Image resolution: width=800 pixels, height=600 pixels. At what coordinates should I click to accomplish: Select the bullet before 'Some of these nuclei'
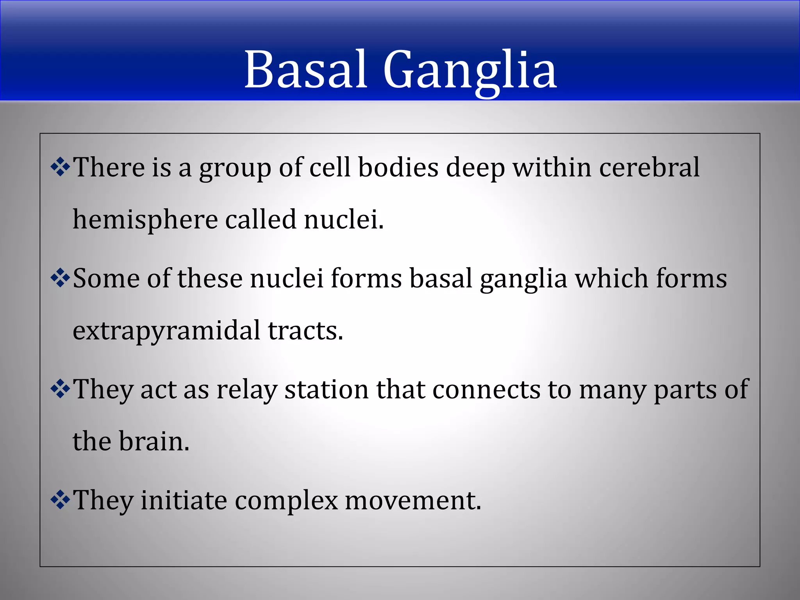coord(60,279)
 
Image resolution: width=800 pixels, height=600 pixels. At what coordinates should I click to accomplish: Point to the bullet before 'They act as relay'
coord(60,389)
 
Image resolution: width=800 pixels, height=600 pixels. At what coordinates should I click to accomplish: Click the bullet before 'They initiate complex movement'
coord(60,500)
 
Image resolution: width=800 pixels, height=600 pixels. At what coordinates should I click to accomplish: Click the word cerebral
coord(649,167)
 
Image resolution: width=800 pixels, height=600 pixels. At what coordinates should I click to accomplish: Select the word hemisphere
coord(145,220)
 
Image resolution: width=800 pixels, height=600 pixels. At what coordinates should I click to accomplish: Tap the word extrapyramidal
coord(166,331)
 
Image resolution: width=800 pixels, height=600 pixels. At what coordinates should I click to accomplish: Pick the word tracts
coord(305,330)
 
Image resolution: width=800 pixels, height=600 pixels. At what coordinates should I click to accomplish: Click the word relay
coord(247,390)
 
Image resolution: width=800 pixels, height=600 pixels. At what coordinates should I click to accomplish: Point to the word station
coord(327,389)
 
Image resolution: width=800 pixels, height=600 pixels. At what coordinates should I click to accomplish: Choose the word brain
coord(154,442)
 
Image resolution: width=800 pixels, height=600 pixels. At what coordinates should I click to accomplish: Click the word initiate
coord(184,500)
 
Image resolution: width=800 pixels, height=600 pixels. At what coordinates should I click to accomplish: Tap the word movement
coord(412,501)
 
